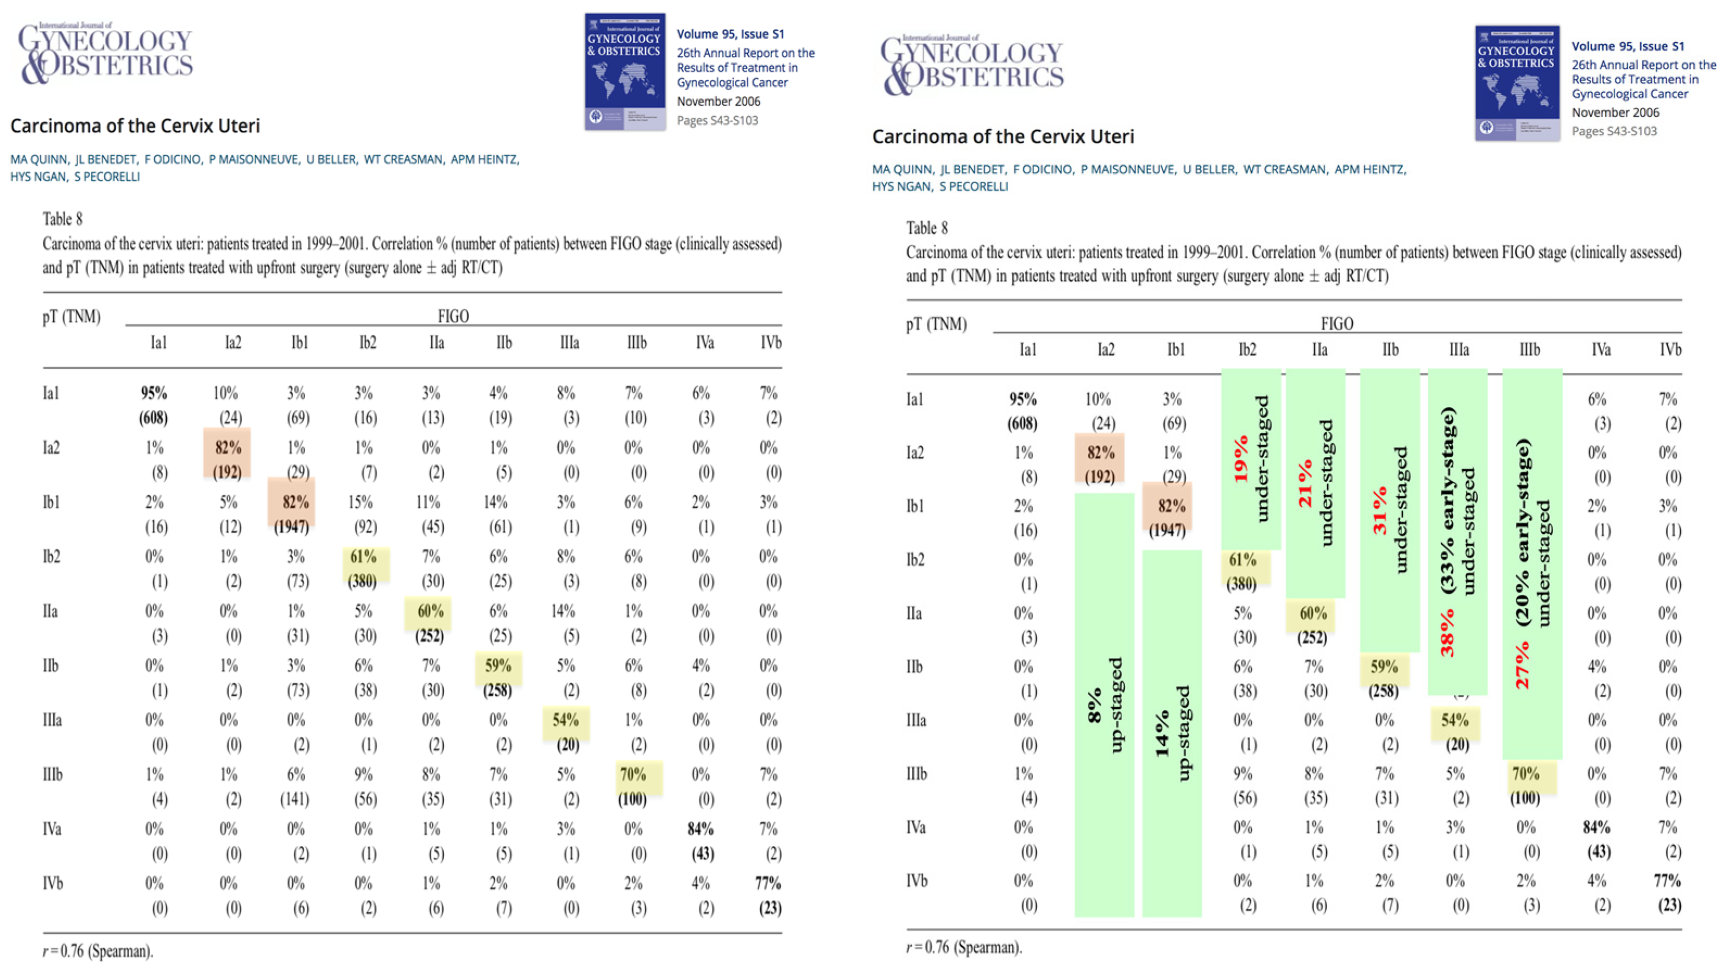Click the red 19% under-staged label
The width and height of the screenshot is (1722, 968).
click(1241, 458)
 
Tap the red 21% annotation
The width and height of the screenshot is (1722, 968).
click(1305, 483)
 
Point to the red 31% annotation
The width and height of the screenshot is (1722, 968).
click(1380, 511)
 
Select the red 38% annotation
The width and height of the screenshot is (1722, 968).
click(1447, 634)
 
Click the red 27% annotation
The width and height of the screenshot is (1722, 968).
click(1522, 665)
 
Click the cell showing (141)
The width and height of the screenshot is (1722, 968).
click(294, 800)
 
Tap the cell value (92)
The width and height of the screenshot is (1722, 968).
click(365, 527)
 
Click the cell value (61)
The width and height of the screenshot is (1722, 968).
click(501, 527)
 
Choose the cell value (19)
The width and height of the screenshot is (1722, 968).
click(501, 418)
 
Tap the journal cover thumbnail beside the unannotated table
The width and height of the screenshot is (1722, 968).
click(625, 71)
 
